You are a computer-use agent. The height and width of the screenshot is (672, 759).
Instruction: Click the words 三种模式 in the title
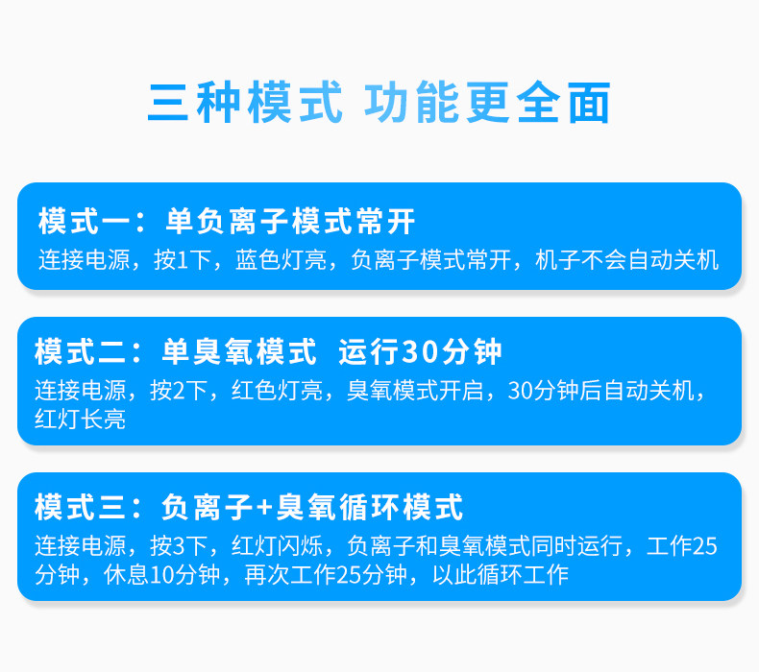click(245, 102)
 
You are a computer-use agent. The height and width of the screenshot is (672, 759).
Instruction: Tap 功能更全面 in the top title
click(487, 102)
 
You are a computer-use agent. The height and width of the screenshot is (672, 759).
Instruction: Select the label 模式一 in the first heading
click(85, 221)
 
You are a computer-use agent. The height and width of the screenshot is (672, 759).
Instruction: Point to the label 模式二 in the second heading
click(81, 351)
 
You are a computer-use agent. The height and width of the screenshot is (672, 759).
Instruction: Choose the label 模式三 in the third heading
click(81, 507)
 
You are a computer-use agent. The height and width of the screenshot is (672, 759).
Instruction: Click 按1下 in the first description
click(182, 260)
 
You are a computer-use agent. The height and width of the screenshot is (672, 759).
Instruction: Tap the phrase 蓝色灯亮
click(281, 260)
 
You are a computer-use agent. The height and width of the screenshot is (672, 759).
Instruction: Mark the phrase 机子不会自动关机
click(626, 260)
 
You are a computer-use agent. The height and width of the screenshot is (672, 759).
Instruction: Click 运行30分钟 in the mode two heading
click(420, 351)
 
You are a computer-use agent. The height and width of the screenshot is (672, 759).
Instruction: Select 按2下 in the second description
click(178, 391)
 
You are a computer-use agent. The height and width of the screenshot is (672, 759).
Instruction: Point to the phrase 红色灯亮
click(277, 391)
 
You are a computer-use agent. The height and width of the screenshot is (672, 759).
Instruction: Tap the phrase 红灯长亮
click(81, 419)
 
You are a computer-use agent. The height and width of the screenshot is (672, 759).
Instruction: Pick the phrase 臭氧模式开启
click(415, 391)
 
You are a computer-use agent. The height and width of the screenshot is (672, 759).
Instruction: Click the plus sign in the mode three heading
click(265, 508)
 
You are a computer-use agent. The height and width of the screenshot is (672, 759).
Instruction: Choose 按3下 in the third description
click(178, 545)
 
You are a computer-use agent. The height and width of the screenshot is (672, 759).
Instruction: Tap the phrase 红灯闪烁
click(277, 545)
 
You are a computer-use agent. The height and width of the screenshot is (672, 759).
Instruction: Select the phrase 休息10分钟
click(161, 575)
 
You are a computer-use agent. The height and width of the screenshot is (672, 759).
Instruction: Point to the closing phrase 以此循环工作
click(501, 575)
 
